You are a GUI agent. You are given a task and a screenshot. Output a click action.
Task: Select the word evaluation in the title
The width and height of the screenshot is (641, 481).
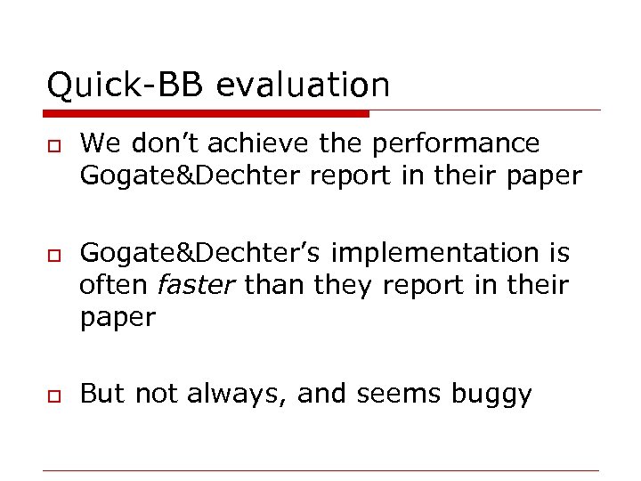(303, 86)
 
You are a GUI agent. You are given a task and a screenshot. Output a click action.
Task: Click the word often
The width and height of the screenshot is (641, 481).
(115, 286)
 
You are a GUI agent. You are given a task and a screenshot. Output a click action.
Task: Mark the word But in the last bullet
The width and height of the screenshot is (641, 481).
(101, 395)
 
